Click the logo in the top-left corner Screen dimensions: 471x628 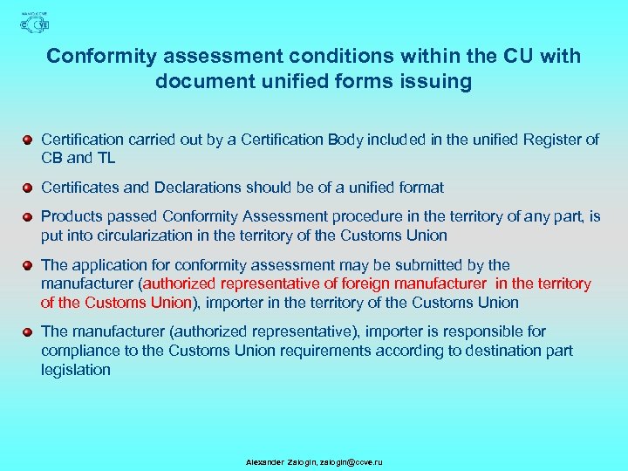34,24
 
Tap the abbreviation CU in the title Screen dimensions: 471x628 521,56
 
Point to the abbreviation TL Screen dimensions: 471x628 106,158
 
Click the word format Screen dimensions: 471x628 420,188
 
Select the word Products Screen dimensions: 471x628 71,216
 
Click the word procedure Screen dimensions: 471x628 385,216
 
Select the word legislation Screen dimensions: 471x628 76,370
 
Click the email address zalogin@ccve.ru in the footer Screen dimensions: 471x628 352,461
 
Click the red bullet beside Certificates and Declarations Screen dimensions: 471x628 29,188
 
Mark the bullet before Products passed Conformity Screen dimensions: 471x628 29,216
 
